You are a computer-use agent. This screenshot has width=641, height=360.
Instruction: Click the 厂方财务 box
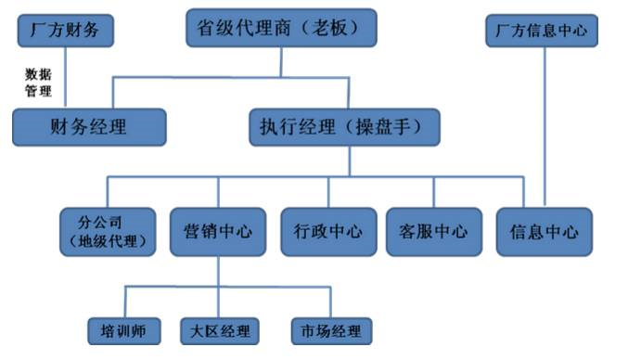tap(65, 30)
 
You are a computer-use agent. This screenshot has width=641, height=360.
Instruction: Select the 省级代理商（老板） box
tap(281, 29)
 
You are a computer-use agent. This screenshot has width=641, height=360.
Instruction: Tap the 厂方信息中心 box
tap(542, 30)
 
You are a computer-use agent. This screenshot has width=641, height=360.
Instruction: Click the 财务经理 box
tap(89, 127)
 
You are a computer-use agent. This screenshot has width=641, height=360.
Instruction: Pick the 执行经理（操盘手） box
tap(344, 127)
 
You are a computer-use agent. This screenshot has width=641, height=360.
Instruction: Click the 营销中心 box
tap(219, 231)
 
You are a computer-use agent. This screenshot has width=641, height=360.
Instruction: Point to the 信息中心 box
tap(544, 231)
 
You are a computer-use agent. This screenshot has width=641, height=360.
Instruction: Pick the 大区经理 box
tap(219, 329)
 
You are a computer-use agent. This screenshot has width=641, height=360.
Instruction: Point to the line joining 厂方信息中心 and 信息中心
tap(542, 121)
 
